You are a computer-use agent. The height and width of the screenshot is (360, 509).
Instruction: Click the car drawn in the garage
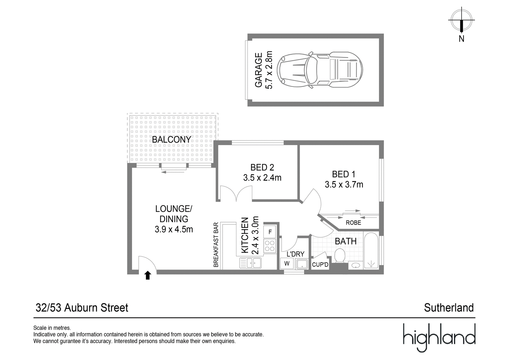click(x=320, y=70)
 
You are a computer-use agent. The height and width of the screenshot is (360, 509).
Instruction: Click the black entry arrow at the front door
click(x=148, y=275)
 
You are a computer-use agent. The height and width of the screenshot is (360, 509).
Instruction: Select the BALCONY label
click(x=171, y=139)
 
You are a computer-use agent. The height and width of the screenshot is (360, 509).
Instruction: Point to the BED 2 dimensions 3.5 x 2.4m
click(x=262, y=178)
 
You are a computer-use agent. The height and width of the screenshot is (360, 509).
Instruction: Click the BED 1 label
click(x=344, y=174)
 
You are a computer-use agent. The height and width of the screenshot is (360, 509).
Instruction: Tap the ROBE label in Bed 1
click(x=353, y=222)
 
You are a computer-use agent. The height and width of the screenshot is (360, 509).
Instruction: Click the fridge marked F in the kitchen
click(x=270, y=232)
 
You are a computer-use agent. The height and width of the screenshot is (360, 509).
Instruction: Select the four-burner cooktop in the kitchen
click(x=270, y=246)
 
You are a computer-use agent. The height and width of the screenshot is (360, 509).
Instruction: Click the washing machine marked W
click(x=287, y=263)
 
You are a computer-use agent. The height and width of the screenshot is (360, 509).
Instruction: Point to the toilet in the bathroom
click(x=340, y=256)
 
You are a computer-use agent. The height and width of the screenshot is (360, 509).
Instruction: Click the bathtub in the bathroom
click(x=371, y=251)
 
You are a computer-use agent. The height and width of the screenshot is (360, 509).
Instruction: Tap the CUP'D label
click(x=320, y=265)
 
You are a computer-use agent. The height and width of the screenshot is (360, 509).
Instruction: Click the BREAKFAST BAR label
click(x=216, y=245)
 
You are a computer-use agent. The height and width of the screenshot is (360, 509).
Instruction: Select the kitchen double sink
click(x=250, y=263)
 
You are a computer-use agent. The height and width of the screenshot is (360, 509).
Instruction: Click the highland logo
click(x=439, y=338)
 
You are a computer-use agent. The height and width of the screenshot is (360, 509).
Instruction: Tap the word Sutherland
click(x=449, y=308)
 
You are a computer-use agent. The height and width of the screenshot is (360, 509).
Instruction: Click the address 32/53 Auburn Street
click(x=82, y=308)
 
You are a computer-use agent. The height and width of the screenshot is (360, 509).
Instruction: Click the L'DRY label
click(x=296, y=254)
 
